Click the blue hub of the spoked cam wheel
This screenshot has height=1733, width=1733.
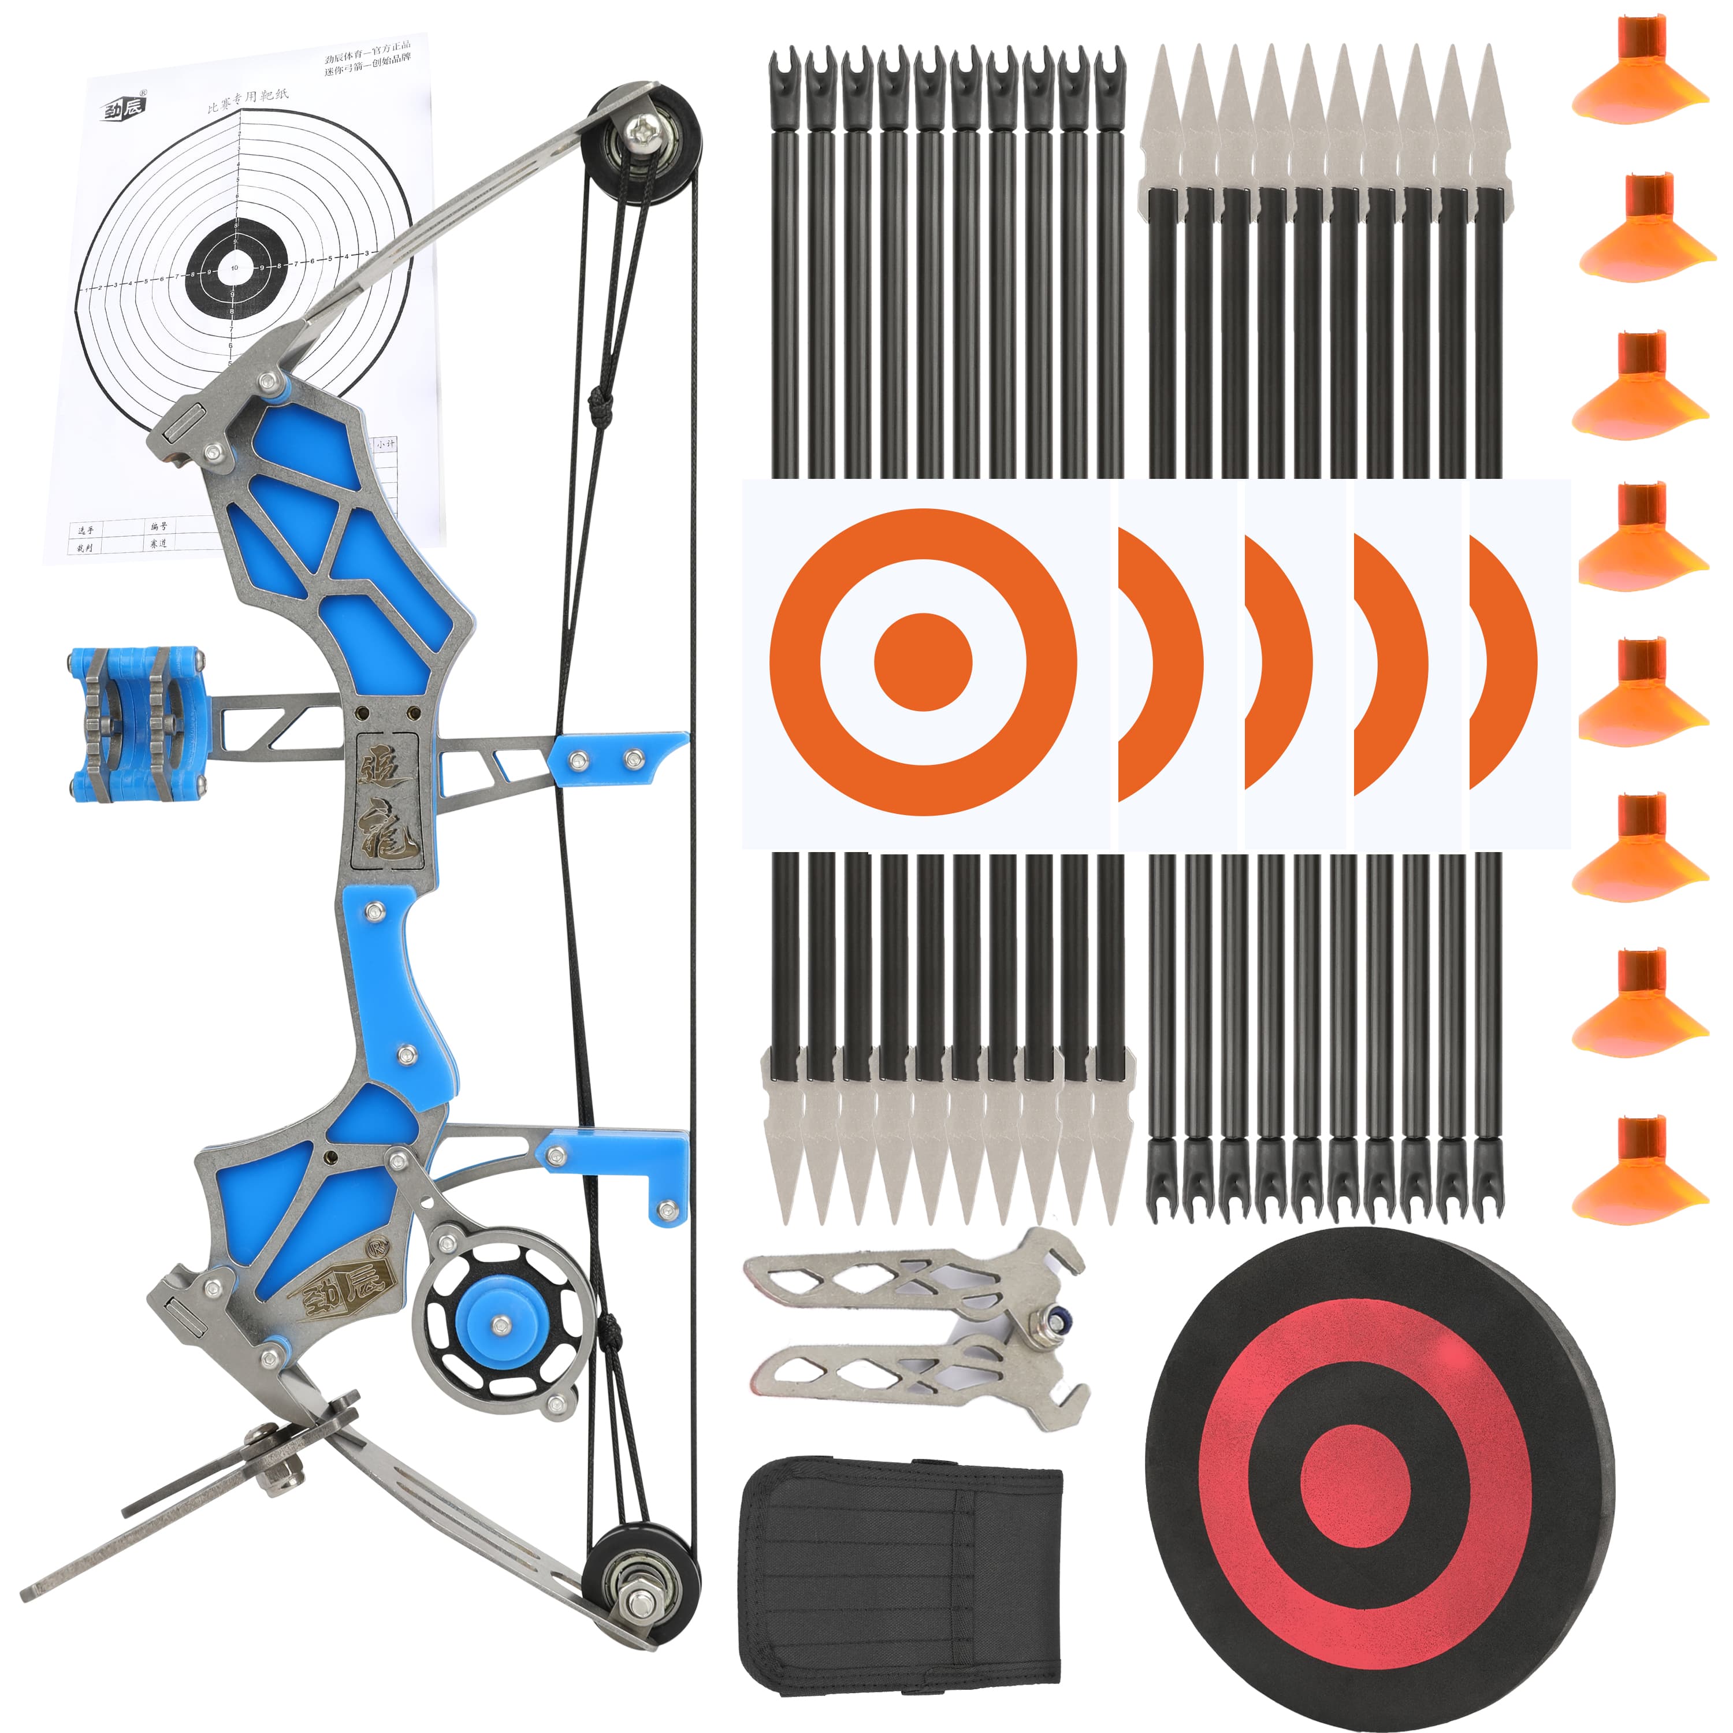(500, 1322)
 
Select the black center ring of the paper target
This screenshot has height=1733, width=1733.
(235, 268)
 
